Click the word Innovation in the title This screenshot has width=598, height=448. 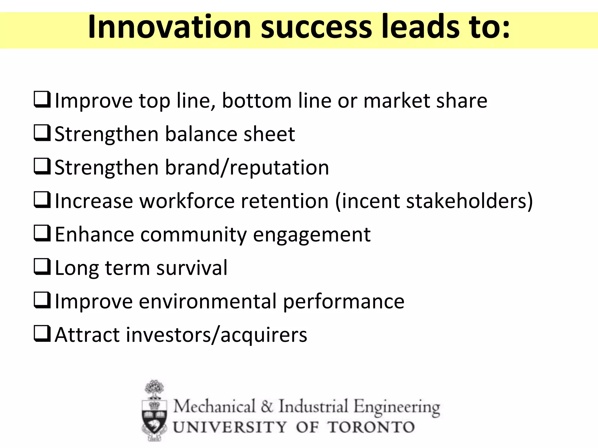pyautogui.click(x=169, y=27)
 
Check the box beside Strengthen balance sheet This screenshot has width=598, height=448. pyautogui.click(x=42, y=133)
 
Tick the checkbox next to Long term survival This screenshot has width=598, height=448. pyautogui.click(x=42, y=267)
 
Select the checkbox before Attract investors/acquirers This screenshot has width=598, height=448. pyautogui.click(x=42, y=334)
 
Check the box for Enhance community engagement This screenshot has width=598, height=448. pyautogui.click(x=42, y=233)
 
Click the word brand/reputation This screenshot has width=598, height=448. pyautogui.click(x=247, y=168)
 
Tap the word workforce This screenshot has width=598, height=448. pyautogui.click(x=187, y=201)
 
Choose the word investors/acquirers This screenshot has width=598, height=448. pyautogui.click(x=216, y=335)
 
